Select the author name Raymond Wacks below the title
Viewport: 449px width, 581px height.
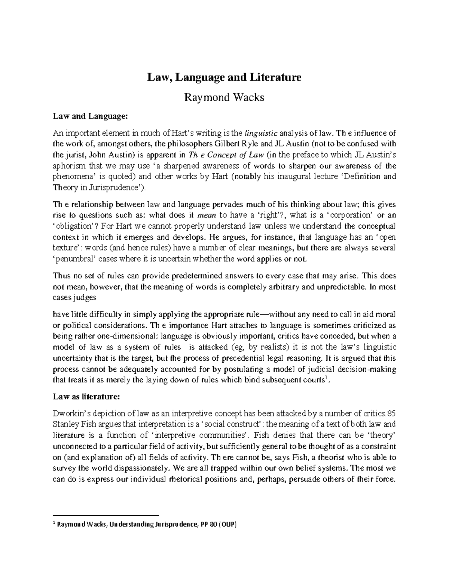coord(224,98)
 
